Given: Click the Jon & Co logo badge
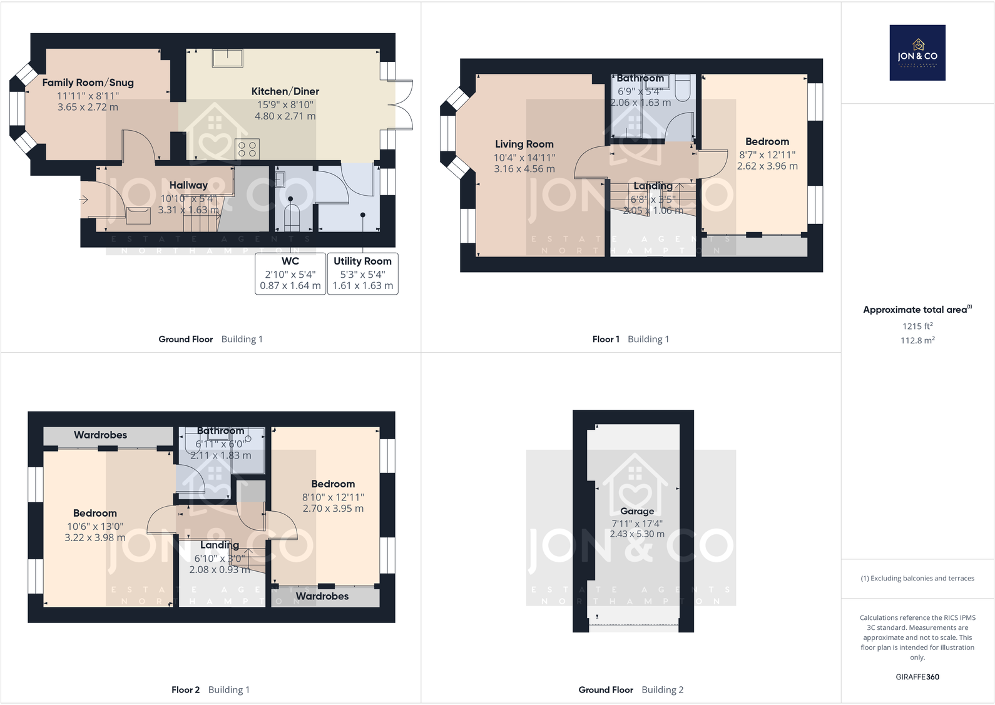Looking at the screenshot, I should pyautogui.click(x=917, y=53).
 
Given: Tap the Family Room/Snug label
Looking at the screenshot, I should pyautogui.click(x=88, y=83).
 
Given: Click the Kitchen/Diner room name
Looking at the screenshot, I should pyautogui.click(x=285, y=91).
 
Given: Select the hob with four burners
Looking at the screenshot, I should pyautogui.click(x=247, y=149).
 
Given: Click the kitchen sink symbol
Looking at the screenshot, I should pyautogui.click(x=228, y=58).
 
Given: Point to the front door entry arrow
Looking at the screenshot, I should pyautogui.click(x=84, y=200).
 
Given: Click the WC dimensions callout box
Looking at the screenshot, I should pyautogui.click(x=290, y=274).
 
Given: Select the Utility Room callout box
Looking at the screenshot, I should pyautogui.click(x=362, y=274).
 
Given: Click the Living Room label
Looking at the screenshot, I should pyautogui.click(x=524, y=144).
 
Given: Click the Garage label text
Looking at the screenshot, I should pyautogui.click(x=637, y=511).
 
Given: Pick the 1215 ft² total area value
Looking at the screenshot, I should pyautogui.click(x=917, y=326).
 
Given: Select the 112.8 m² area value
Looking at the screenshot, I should pyautogui.click(x=917, y=340).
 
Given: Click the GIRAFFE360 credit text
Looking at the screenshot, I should pyautogui.click(x=917, y=677).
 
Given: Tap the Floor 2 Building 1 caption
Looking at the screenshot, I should pyautogui.click(x=210, y=689).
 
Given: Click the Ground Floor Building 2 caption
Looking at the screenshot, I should pyautogui.click(x=631, y=689).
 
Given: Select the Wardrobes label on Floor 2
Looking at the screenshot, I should pyautogui.click(x=100, y=435).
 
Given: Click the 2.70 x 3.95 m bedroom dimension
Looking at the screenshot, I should pyautogui.click(x=333, y=509).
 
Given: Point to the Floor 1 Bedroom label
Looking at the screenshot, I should pyautogui.click(x=767, y=141).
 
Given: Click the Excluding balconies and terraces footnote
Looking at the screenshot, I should pyautogui.click(x=917, y=578).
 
